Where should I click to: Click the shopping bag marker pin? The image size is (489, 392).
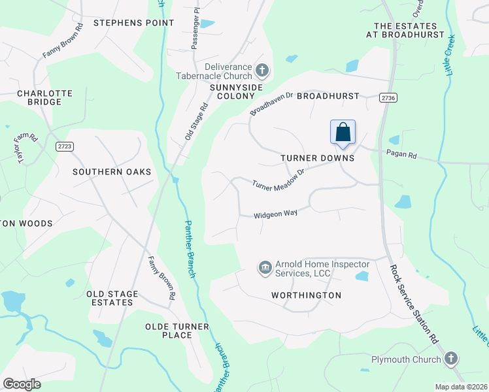pyautogui.click(x=343, y=132)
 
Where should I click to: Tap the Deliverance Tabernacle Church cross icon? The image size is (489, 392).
pyautogui.click(x=261, y=70)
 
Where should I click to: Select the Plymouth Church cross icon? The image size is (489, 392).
pyautogui.click(x=451, y=359)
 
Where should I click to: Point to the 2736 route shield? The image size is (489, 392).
pyautogui.click(x=388, y=97)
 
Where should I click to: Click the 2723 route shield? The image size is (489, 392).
pyautogui.click(x=63, y=146)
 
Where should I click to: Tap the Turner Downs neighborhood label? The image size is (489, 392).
pyautogui.click(x=317, y=158)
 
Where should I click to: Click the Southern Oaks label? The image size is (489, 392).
pyautogui.click(x=112, y=172)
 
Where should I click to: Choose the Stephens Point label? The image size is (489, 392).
pyautogui.click(x=134, y=23)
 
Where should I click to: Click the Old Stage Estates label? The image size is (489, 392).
pyautogui.click(x=110, y=298)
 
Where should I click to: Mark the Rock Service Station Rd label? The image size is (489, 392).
pyautogui.click(x=413, y=304)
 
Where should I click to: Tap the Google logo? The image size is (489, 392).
pyautogui.click(x=22, y=384)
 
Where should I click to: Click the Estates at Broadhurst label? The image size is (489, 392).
pyautogui.click(x=405, y=30)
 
